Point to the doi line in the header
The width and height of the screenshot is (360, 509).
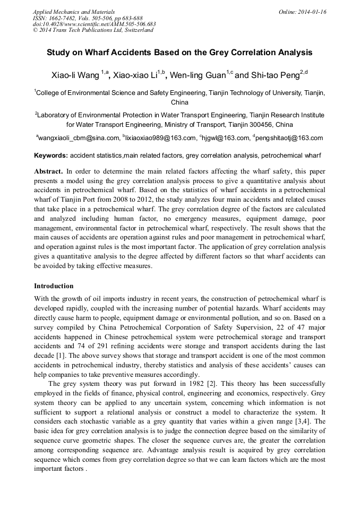click(x=94, y=24)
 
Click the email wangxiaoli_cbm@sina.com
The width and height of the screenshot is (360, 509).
click(x=80, y=138)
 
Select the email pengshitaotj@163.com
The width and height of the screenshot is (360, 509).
click(x=289, y=138)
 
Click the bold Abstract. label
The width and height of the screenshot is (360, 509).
click(x=49, y=172)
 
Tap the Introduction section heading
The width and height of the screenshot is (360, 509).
click(x=54, y=286)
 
